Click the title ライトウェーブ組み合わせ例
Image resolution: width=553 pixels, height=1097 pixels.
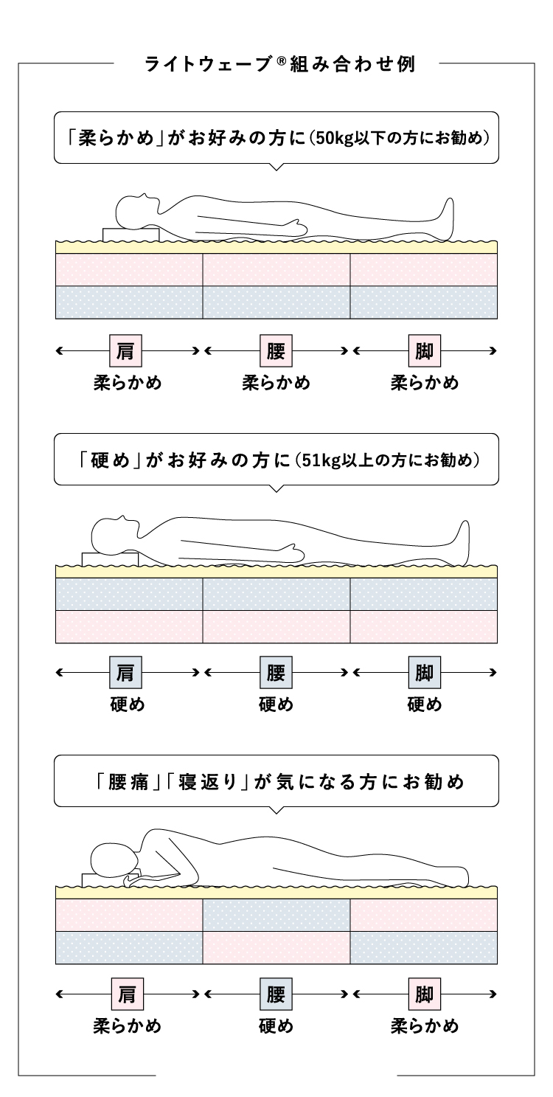click(280, 64)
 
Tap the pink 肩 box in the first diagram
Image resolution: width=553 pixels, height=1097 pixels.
click(125, 350)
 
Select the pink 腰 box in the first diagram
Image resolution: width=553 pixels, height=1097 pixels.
click(276, 350)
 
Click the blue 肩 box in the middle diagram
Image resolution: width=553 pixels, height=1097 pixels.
click(125, 672)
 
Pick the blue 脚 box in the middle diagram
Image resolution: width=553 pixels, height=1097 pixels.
click(424, 672)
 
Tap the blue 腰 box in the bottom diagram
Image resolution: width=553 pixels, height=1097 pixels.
click(276, 994)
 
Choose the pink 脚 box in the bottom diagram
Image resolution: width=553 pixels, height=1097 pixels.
click(424, 994)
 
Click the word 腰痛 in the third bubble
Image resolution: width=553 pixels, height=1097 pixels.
click(128, 782)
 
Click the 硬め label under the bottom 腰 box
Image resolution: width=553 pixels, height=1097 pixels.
click(276, 1026)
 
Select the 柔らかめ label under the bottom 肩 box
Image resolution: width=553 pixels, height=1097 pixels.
click(128, 1026)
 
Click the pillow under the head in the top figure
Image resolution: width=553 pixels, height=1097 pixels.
click(131, 234)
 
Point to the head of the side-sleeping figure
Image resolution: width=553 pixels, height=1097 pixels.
click(114, 860)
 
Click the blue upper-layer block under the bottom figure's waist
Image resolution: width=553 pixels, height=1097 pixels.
click(276, 916)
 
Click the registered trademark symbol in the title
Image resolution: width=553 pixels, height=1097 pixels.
click(280, 60)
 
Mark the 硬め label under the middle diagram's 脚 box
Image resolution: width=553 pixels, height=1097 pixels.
click(424, 705)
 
